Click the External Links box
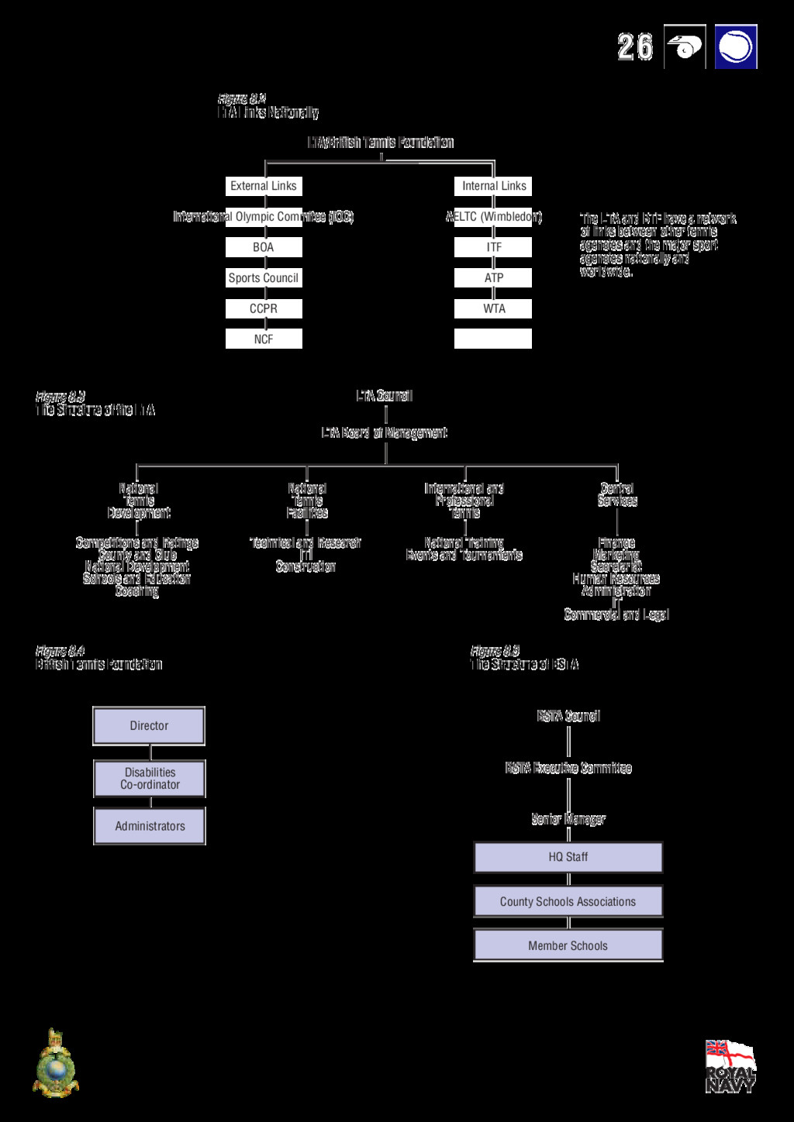pyautogui.click(x=264, y=186)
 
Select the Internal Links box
pyautogui.click(x=493, y=186)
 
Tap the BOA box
pyautogui.click(x=264, y=247)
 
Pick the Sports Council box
pyautogui.click(x=264, y=278)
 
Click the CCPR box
pyautogui.click(x=264, y=308)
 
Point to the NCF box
pyautogui.click(x=264, y=339)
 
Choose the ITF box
pyautogui.click(x=493, y=247)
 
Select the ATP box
pyautogui.click(x=493, y=278)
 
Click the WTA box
pyautogui.click(x=493, y=308)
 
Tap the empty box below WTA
pyautogui.click(x=493, y=339)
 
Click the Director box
pyautogui.click(x=149, y=726)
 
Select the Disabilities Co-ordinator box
pyautogui.click(x=150, y=779)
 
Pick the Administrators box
pyautogui.click(x=150, y=826)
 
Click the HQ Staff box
pyautogui.click(x=568, y=857)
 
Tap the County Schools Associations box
pyautogui.click(x=568, y=902)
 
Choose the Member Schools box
pyautogui.click(x=568, y=945)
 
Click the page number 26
pyautogui.click(x=635, y=47)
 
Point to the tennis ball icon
pyautogui.click(x=735, y=47)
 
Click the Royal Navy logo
pyautogui.click(x=730, y=1067)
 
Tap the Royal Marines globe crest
pyautogui.click(x=56, y=1065)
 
